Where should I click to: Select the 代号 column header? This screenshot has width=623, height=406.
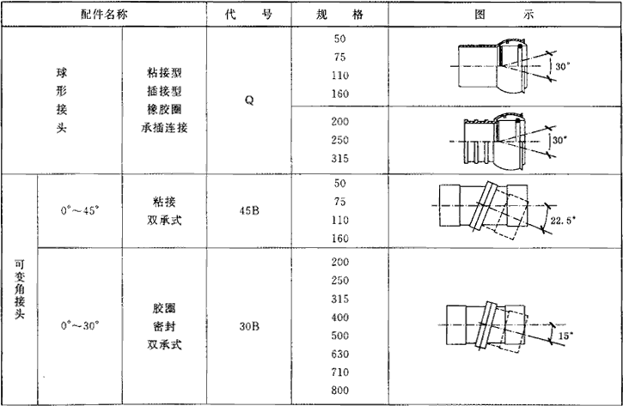pos(247,15)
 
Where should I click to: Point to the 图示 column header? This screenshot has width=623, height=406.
pos(504,15)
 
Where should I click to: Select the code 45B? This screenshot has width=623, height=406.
pos(248,210)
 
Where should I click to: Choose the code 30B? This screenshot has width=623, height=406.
pos(248,326)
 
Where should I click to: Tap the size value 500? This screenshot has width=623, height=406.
pos(339,335)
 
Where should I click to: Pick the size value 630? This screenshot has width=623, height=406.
pos(339,353)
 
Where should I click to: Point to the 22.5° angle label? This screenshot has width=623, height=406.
pos(560,221)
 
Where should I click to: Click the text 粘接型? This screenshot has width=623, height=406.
pos(164,72)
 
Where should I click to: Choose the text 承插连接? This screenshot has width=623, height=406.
pos(164,129)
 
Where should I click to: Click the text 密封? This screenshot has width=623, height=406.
pos(164,326)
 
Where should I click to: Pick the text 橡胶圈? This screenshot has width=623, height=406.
pos(164,110)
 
